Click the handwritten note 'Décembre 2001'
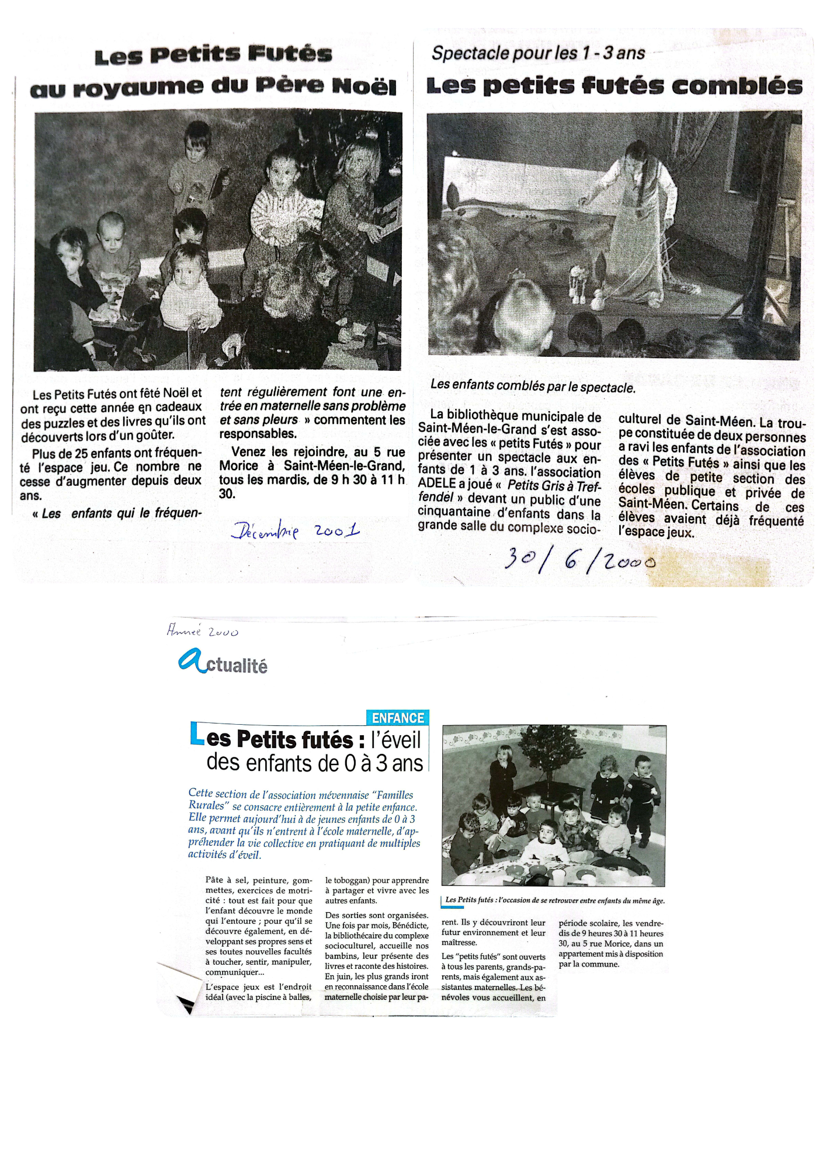296,531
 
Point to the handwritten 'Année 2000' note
202,631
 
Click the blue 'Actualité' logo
223,663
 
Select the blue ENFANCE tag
398,718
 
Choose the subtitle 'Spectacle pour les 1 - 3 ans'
538,54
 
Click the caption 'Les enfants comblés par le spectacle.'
532,387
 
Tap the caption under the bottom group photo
554,901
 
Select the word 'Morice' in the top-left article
239,466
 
